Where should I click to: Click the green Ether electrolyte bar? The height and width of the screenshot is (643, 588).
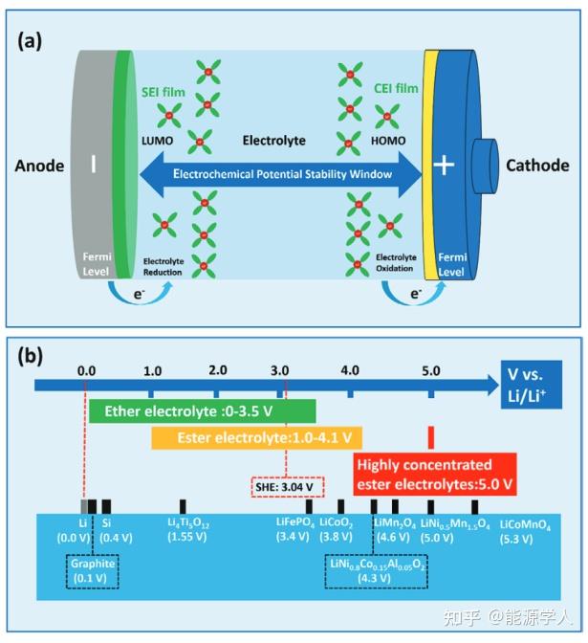tap(203, 410)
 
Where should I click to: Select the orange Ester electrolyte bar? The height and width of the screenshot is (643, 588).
tap(256, 438)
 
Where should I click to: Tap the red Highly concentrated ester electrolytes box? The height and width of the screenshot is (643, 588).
tap(435, 475)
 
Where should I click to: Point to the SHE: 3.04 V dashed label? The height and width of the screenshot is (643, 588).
tap(287, 487)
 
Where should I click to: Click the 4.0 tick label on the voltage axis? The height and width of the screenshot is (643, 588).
tap(350, 370)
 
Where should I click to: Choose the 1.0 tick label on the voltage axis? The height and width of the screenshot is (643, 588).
tap(152, 371)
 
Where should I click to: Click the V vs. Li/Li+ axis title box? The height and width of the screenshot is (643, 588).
tap(531, 385)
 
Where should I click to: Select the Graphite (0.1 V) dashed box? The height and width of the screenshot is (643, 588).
tap(93, 571)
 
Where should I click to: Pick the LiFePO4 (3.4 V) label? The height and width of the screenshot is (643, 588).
tap(295, 529)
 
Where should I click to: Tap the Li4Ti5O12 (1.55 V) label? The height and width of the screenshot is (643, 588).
tap(188, 529)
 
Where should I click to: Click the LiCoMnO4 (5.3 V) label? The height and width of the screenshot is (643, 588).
tap(525, 531)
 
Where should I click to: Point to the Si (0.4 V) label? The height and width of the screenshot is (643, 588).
tap(116, 530)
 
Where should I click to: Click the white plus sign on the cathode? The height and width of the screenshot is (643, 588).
tap(444, 165)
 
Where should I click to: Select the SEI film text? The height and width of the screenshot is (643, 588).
tap(163, 92)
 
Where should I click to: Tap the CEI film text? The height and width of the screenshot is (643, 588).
tap(396, 88)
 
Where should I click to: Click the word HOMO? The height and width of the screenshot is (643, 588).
tap(388, 141)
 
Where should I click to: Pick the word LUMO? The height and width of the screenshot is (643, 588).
tap(158, 141)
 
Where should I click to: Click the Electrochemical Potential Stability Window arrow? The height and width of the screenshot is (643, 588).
tap(281, 174)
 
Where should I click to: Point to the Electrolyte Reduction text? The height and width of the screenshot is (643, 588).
tap(163, 267)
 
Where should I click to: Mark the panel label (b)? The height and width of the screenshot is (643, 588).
tap(30, 357)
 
